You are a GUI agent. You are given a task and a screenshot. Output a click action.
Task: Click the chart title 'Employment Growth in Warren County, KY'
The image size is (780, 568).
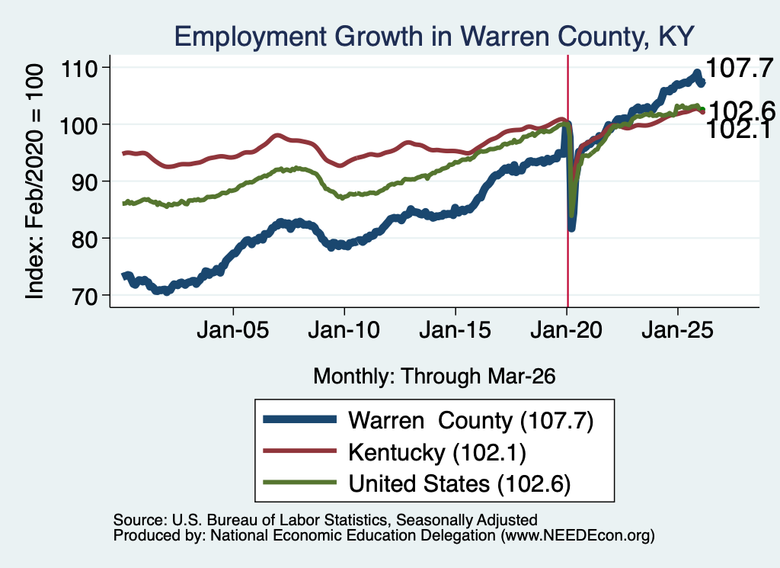433,37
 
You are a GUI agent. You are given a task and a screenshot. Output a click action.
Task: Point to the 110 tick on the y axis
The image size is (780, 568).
78,68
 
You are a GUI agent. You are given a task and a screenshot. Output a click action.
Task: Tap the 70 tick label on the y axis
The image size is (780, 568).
84,296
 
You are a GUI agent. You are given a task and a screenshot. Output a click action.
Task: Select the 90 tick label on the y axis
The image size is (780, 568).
84,181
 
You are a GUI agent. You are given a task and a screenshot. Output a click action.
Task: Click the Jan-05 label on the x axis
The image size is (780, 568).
233,330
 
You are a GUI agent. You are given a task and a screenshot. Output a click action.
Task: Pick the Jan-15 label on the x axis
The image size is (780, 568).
456,330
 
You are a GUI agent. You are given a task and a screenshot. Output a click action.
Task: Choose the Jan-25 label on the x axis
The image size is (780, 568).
677,330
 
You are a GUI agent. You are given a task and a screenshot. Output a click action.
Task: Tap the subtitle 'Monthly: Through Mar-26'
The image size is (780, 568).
434,376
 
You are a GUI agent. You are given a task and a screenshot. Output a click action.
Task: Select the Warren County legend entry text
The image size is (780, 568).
471,421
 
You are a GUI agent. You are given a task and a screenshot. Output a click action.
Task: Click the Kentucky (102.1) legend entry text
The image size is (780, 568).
436,453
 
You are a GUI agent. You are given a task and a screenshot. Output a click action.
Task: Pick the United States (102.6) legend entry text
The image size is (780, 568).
459,484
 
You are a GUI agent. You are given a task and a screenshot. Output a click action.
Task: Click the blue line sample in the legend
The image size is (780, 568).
299,419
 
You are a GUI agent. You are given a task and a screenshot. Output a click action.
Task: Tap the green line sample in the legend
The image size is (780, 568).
299,482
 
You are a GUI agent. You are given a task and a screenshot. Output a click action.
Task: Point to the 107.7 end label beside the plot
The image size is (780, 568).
740,68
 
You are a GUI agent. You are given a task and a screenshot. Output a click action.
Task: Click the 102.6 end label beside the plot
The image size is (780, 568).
742,111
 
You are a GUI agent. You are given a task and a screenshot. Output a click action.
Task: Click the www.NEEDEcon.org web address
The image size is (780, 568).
577,536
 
